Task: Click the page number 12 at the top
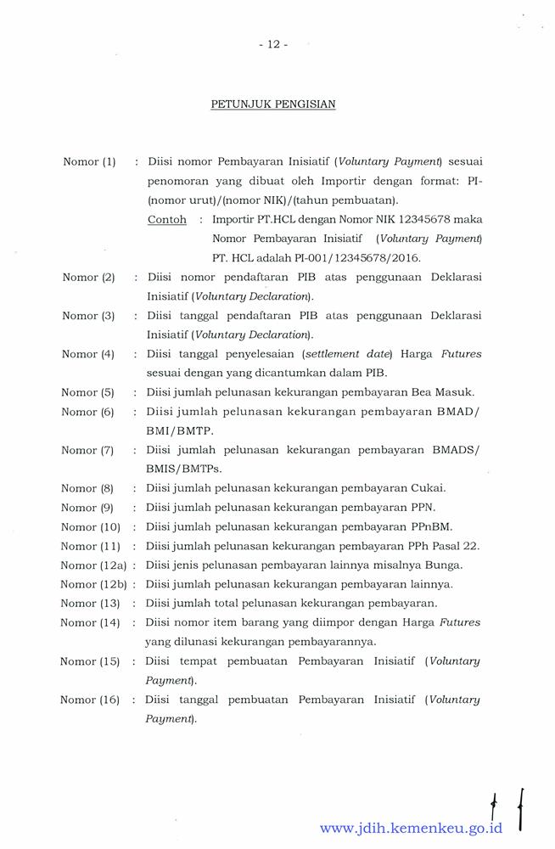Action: [273, 45]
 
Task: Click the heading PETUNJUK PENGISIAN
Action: [273, 104]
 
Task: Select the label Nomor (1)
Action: [89, 161]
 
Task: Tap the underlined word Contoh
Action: [167, 219]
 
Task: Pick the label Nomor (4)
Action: [88, 354]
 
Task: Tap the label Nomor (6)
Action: [87, 412]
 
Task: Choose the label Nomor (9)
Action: [87, 508]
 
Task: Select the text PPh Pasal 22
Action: [450, 546]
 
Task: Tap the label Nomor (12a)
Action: [93, 565]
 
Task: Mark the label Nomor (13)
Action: [90, 604]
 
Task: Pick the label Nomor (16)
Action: [90, 700]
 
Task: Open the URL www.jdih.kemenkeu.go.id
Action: [411, 827]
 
